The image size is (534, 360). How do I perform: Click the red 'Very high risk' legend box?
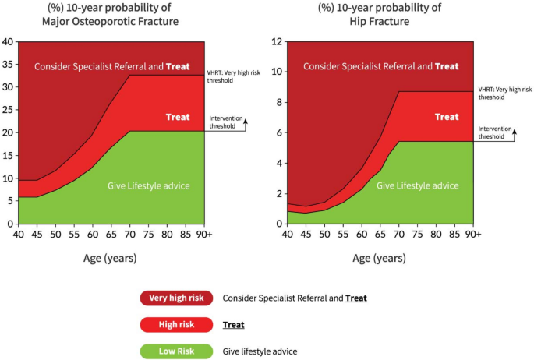177,298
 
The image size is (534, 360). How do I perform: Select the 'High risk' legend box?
177,324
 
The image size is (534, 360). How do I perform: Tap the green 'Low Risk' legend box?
177,351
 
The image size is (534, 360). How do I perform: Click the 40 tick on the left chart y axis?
7,41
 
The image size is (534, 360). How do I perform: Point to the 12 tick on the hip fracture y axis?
275,41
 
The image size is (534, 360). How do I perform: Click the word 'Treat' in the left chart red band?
178,118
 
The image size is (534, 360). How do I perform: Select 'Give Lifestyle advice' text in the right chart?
418,185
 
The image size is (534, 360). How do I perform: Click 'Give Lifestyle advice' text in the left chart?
149,185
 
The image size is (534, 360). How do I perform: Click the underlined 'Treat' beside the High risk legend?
234,324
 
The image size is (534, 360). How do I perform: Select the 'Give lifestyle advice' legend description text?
260,351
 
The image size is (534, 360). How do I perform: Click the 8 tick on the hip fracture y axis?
278,102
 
